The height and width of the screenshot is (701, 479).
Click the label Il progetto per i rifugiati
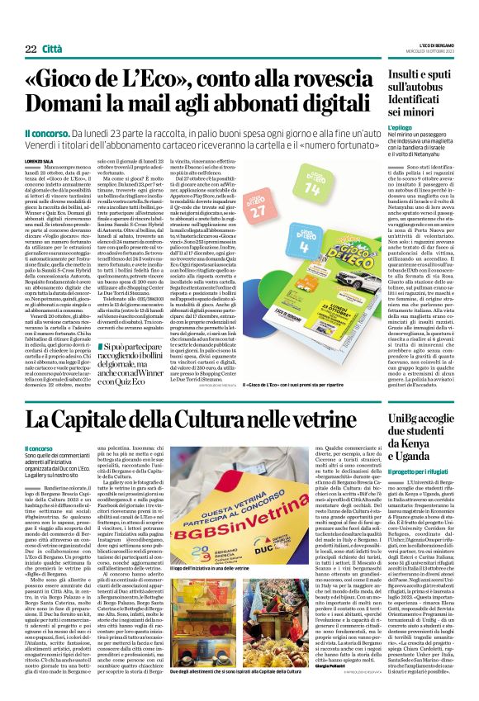point(417,469)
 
